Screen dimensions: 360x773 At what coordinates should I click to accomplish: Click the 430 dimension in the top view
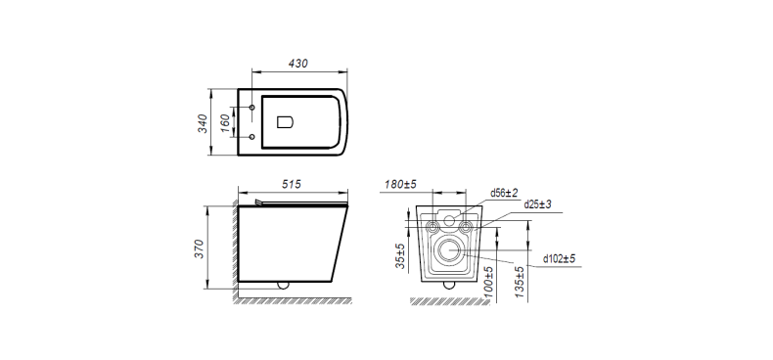tap(298, 63)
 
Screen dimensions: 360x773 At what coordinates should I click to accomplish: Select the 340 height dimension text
tap(202, 122)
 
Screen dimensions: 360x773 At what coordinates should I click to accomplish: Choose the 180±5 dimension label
tap(401, 184)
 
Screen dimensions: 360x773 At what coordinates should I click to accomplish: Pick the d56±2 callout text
tap(505, 193)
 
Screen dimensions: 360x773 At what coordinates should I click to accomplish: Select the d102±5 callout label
tap(560, 259)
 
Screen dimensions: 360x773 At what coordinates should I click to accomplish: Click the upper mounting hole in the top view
tap(253, 107)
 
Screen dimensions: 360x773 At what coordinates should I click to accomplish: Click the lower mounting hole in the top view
tap(253, 136)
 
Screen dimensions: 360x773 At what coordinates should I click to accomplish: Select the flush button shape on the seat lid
tap(287, 122)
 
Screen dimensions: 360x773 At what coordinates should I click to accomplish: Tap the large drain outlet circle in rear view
tap(451, 249)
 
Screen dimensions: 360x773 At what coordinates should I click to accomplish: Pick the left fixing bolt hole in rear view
tap(433, 228)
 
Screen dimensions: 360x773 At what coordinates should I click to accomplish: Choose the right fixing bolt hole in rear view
tap(469, 228)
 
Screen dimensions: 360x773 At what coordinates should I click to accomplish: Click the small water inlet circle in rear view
tap(450, 221)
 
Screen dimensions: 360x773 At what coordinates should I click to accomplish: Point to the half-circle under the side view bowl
tap(284, 286)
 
